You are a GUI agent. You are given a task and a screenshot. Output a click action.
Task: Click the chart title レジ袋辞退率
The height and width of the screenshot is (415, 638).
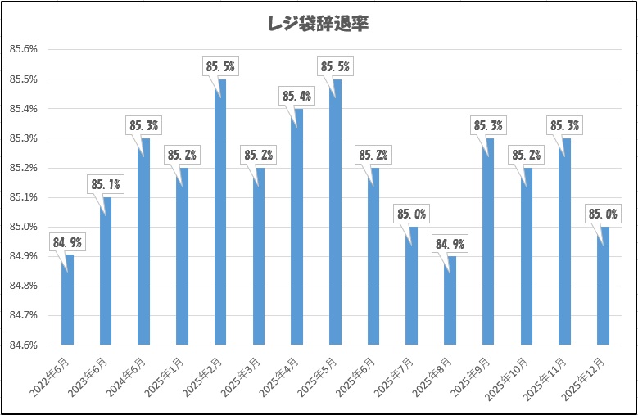click(319, 24)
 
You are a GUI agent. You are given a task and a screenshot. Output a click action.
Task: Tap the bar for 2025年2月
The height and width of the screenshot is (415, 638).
click(220, 212)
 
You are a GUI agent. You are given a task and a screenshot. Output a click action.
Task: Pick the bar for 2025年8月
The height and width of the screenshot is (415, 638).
click(450, 300)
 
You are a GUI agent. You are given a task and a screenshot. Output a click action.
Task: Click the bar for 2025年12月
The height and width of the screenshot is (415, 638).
click(603, 286)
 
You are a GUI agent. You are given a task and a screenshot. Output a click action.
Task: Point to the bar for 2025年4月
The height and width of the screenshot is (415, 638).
click(296, 227)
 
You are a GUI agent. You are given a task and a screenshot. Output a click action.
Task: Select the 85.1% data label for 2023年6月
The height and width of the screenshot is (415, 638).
click(105, 185)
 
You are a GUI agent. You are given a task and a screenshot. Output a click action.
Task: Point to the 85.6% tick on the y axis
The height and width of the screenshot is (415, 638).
click(24, 49)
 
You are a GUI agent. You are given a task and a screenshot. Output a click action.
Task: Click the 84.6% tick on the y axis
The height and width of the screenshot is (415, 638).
click(24, 345)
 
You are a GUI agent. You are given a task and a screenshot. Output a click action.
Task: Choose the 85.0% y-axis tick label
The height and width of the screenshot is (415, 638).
click(24, 227)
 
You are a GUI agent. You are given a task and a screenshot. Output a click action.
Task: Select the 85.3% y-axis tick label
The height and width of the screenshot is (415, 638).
click(24, 138)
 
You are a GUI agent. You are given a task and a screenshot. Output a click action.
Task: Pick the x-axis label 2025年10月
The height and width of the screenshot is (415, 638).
click(510, 376)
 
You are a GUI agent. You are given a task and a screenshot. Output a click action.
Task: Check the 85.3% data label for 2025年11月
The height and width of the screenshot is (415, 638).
click(563, 126)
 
